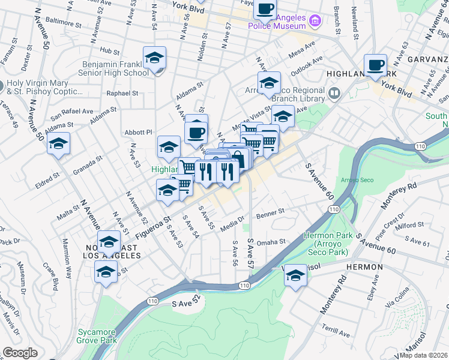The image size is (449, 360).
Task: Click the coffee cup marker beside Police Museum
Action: tap(265, 10)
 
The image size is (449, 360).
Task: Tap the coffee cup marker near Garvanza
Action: tap(375, 65)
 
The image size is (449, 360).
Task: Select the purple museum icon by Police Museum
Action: tap(314, 22)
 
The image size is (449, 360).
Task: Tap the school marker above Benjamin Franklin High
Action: tap(154, 58)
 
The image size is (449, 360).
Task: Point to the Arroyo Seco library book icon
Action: tap(334, 94)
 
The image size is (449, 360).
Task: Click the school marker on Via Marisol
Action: tap(295, 275)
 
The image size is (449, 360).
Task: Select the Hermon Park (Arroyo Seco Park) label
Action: tap(325, 244)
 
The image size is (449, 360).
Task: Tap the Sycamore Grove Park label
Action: tap(97, 335)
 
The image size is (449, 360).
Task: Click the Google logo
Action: tap(20, 353)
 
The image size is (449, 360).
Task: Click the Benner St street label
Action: tap(270, 212)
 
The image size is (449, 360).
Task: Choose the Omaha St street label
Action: tap(271, 242)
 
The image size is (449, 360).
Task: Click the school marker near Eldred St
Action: tap(59, 144)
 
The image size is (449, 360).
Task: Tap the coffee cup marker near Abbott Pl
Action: tap(196, 131)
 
